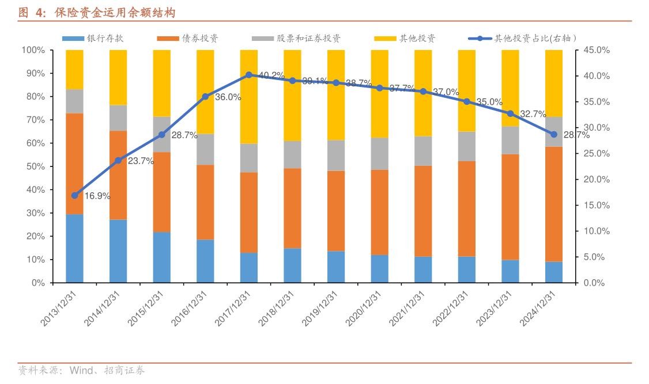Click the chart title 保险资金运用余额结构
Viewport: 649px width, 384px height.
115,12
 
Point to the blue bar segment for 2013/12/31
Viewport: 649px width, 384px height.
74,248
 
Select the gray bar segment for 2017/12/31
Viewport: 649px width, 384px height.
249,158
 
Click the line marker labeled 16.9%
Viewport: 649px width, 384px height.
74,195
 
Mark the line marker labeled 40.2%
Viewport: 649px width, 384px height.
249,75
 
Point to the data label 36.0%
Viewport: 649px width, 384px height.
228,97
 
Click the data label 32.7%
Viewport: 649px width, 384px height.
533,114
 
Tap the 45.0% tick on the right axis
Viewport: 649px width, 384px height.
596,50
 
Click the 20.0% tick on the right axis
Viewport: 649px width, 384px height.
596,179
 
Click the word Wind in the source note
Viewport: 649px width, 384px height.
81,370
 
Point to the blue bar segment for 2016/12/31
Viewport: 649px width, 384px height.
205,261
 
